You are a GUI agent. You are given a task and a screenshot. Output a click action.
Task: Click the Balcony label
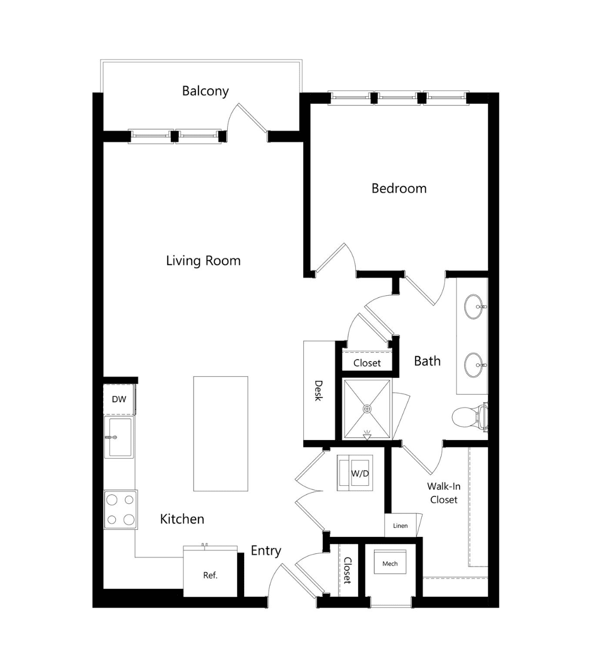click(x=205, y=91)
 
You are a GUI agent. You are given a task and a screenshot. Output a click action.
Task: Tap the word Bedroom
click(x=399, y=188)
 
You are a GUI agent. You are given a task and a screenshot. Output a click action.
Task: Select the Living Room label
click(x=203, y=261)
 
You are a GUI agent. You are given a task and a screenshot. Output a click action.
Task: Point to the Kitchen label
click(x=182, y=519)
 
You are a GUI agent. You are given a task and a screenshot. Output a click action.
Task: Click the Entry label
click(x=265, y=551)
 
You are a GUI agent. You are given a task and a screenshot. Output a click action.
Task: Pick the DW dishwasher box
click(x=119, y=399)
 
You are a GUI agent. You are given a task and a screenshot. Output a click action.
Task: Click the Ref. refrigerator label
click(x=210, y=576)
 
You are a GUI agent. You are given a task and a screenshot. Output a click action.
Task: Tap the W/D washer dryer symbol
click(x=355, y=473)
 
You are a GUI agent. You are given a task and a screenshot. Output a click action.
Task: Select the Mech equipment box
click(x=390, y=564)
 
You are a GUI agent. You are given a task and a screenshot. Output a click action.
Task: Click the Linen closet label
click(x=400, y=526)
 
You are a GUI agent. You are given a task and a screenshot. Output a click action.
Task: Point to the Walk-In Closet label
click(x=444, y=493)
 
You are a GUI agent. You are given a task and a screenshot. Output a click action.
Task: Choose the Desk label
click(x=318, y=391)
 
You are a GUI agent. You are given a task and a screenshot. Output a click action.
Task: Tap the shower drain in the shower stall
click(x=367, y=409)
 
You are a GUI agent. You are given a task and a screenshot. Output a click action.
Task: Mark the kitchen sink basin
click(x=119, y=437)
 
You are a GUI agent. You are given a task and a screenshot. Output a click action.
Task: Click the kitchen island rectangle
click(x=221, y=434)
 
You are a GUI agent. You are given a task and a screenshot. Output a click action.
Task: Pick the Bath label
click(x=427, y=361)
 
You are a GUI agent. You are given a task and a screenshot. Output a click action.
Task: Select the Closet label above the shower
click(x=367, y=363)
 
